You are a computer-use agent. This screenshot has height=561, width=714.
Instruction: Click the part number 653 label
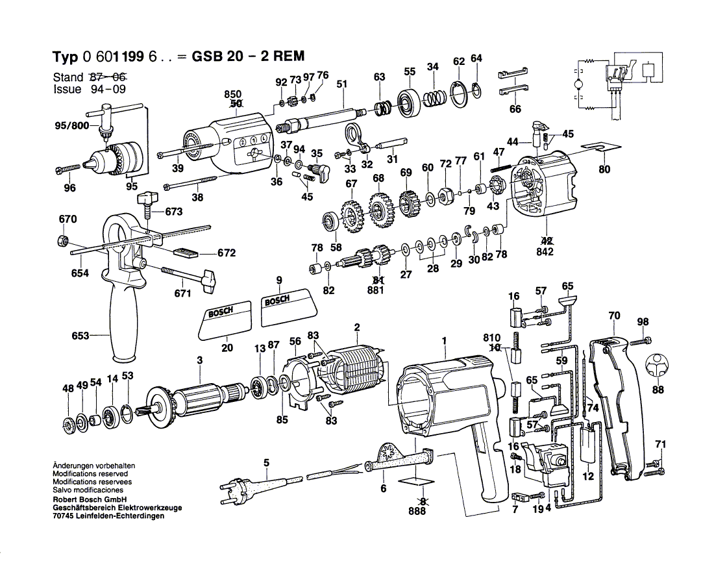(80, 336)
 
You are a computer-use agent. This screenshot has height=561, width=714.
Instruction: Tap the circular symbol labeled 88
(658, 367)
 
